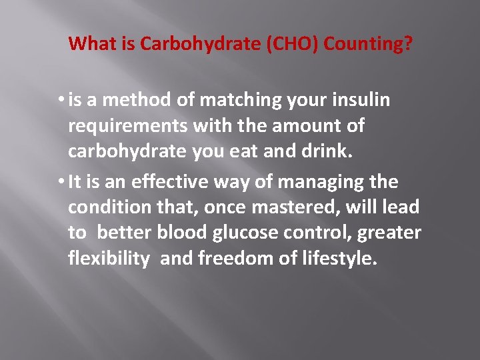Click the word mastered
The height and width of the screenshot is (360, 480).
point(296,208)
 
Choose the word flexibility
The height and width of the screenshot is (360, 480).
point(109,259)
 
